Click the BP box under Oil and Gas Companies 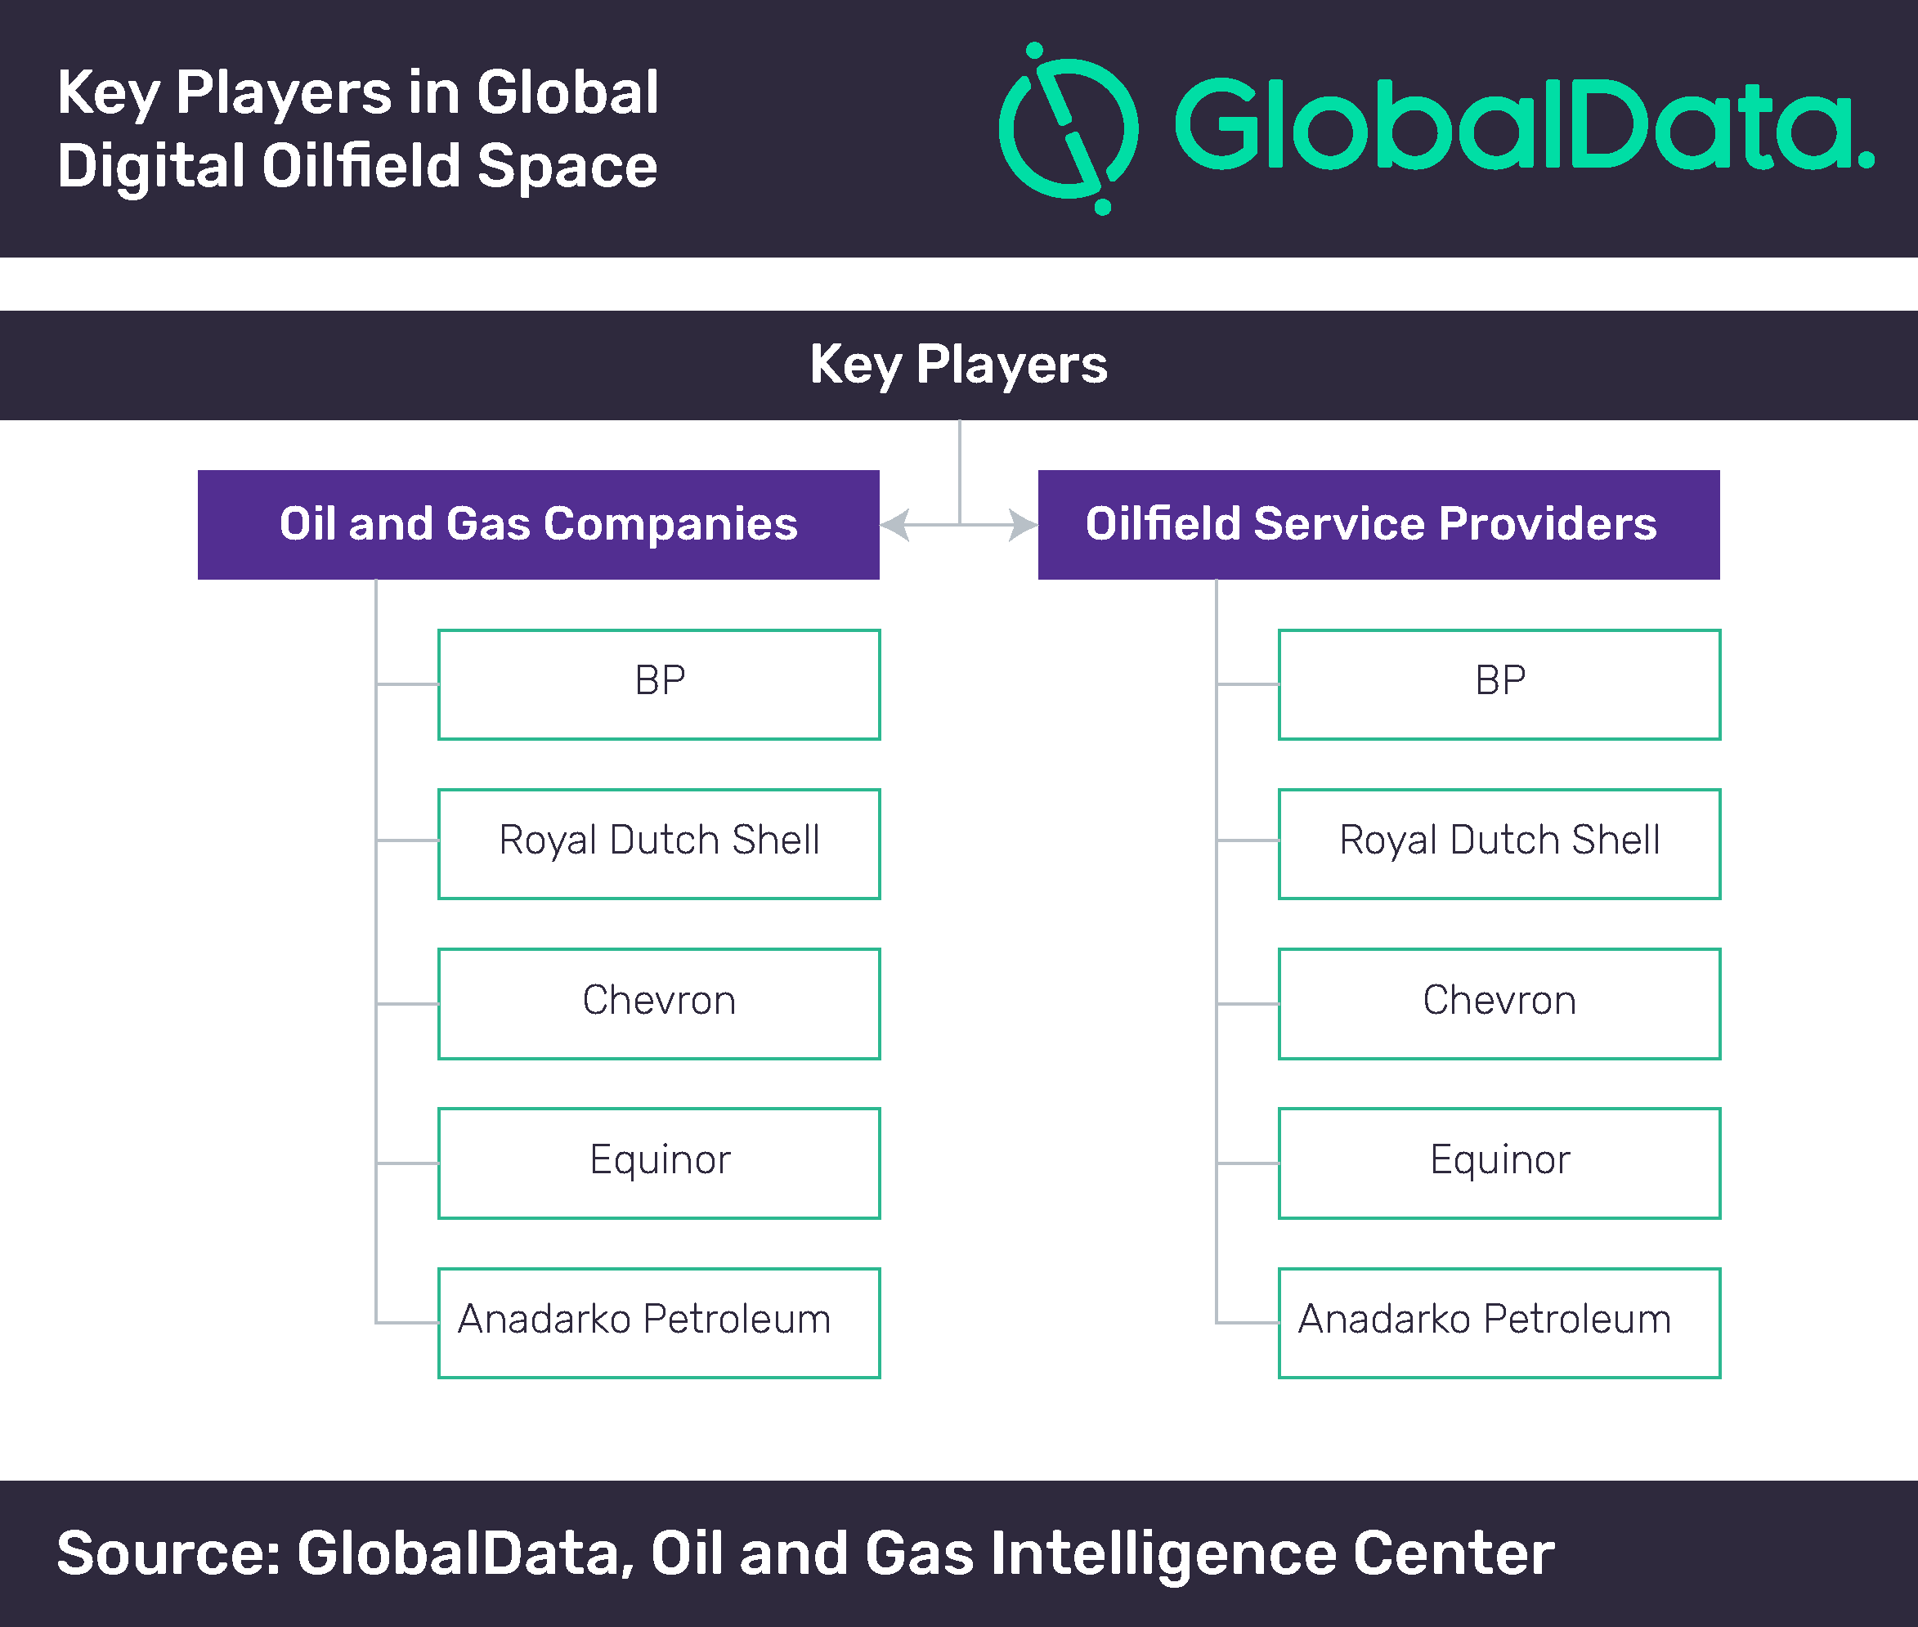(x=659, y=684)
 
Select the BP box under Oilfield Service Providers (x=1499, y=684)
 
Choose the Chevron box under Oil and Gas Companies (x=659, y=1003)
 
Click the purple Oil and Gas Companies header (x=539, y=525)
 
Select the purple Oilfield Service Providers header (x=1378, y=525)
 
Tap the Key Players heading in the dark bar (x=959, y=365)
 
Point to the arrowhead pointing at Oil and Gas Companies (x=894, y=525)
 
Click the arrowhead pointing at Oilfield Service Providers (x=1024, y=525)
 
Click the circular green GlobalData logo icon (x=1069, y=128)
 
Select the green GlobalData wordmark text (x=1524, y=123)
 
